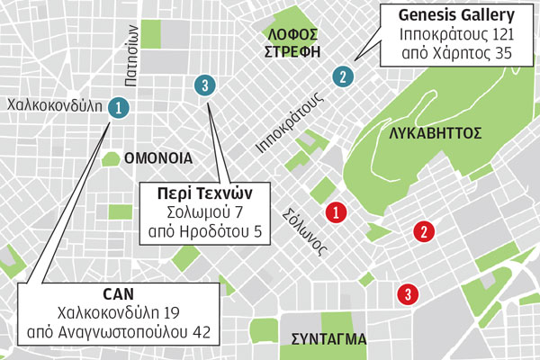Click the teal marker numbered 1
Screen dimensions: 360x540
[116, 107]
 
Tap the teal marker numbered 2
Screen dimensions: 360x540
[342, 76]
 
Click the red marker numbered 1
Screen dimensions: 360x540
[336, 212]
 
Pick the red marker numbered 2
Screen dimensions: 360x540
[421, 232]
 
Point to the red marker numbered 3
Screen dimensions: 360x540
[408, 293]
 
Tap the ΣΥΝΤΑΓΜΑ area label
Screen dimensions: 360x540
[329, 339]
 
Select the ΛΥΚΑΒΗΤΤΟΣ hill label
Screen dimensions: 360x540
[436, 133]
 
